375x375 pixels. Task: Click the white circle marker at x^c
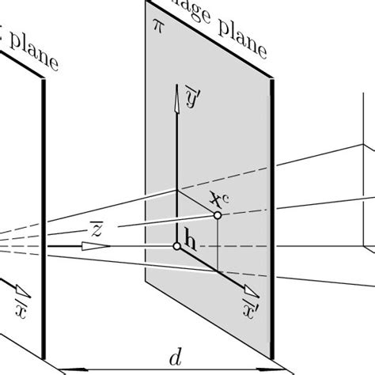pyautogui.click(x=217, y=215)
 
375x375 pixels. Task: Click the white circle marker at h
pyautogui.click(x=177, y=247)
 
